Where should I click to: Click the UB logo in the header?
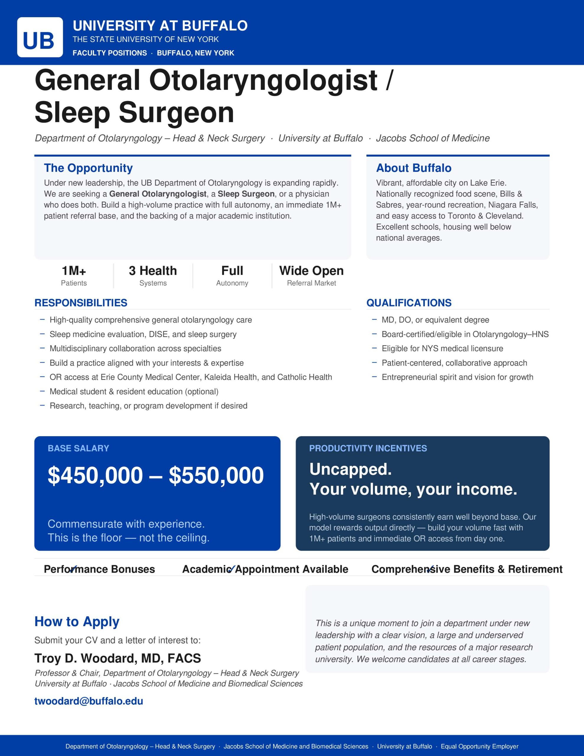coord(40,38)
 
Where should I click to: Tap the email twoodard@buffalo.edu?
coord(89,701)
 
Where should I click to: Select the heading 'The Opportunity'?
coord(88,168)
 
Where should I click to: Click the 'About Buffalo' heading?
coord(414,168)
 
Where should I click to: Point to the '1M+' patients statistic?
coord(74,271)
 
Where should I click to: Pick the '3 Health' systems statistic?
coord(153,271)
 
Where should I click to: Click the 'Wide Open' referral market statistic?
coord(311,271)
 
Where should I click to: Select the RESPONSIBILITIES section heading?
coord(81,303)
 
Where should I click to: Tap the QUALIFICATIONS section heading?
coord(409,303)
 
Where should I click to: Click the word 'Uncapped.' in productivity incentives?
coord(350,469)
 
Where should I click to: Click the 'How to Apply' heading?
coord(77,622)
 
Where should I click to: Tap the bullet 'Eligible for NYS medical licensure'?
coord(442,348)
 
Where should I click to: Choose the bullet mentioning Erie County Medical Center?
coord(190,377)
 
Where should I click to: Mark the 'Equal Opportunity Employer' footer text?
coord(479,746)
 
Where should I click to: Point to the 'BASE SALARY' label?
coord(78,448)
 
